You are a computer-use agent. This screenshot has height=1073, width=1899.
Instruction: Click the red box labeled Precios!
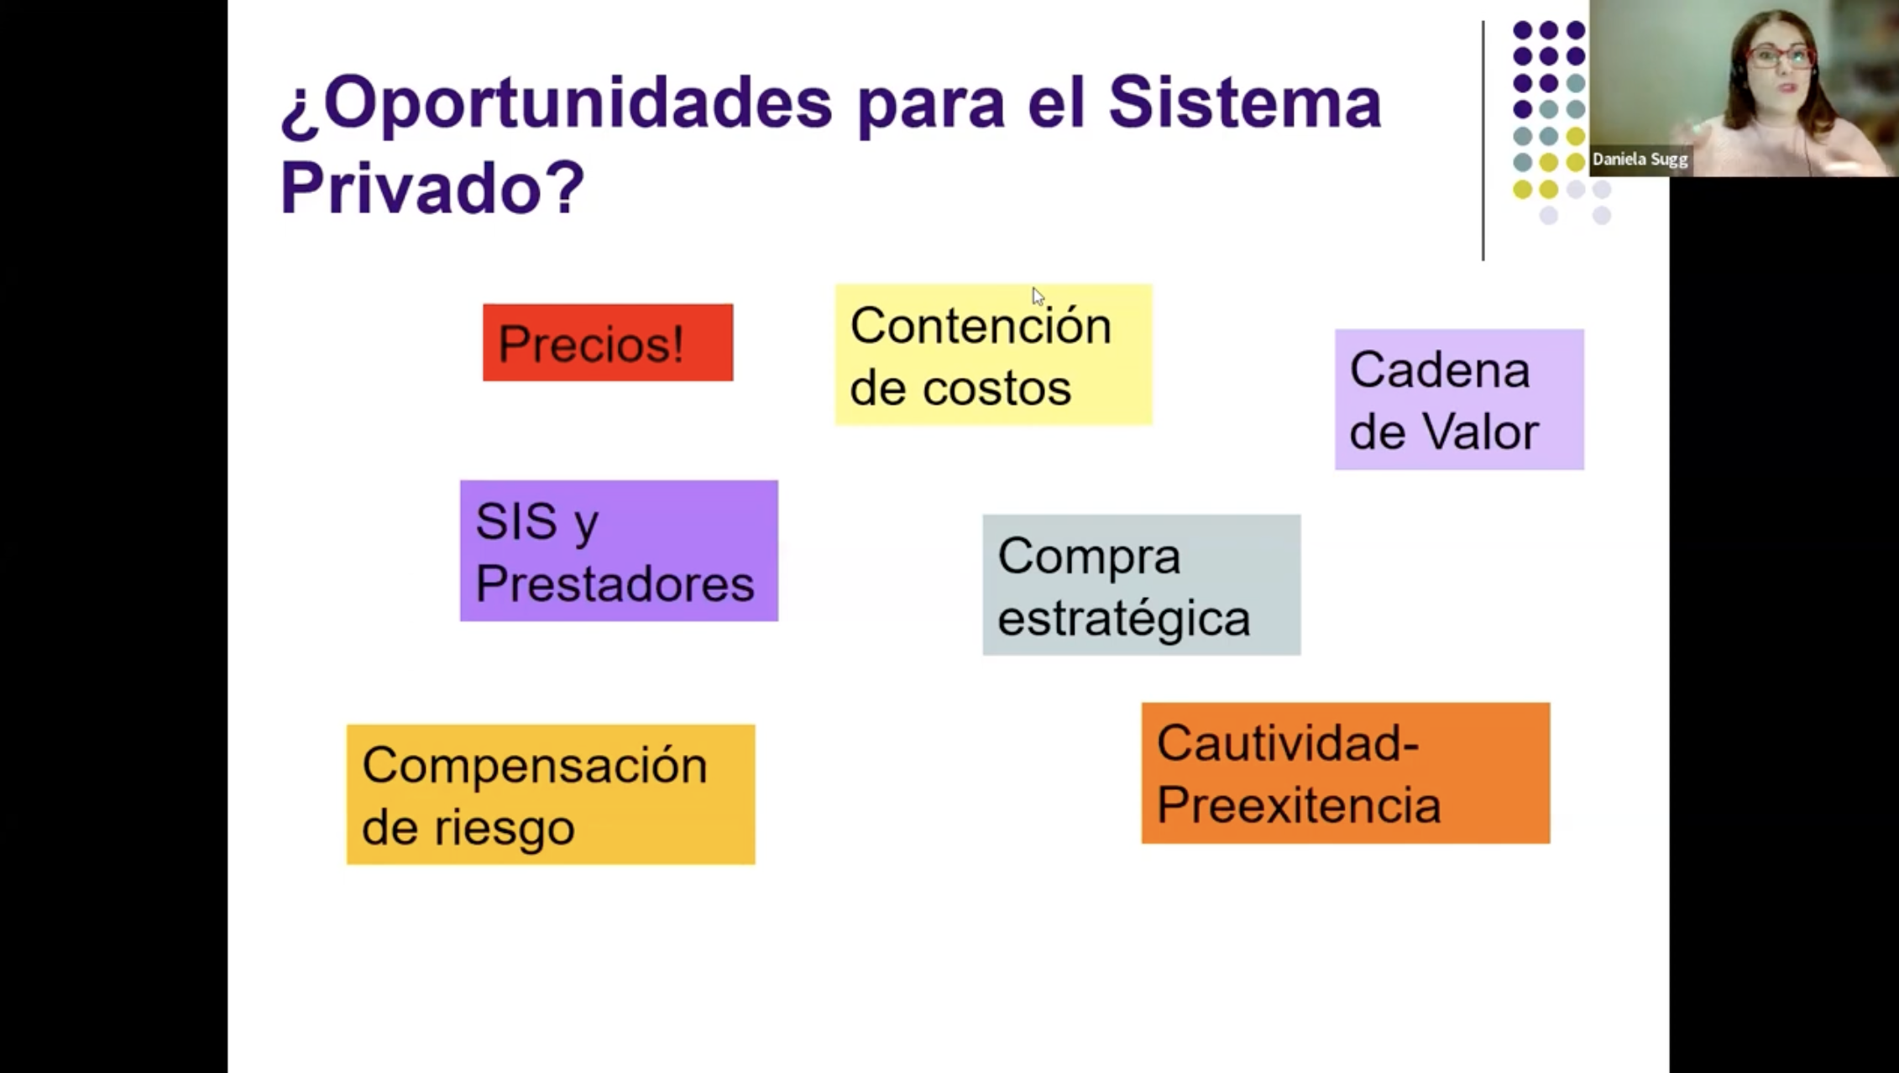[x=608, y=343]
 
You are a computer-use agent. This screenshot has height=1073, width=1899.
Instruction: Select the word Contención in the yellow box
[x=981, y=325]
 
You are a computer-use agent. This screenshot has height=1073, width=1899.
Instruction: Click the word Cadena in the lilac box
[x=1440, y=370]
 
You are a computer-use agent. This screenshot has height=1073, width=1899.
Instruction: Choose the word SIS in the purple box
[x=516, y=521]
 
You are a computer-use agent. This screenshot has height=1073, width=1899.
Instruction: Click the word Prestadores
[x=615, y=584]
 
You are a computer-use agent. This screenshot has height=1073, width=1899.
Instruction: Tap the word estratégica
[x=1124, y=618]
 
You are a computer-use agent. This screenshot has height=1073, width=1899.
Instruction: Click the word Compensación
[x=535, y=767]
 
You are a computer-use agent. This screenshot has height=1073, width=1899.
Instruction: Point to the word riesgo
[x=504, y=830]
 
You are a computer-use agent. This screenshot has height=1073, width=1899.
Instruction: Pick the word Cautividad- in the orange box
[x=1288, y=743]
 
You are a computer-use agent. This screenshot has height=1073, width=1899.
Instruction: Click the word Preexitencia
[x=1299, y=805]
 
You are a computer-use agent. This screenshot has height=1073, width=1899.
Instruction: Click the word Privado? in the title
[x=432, y=186]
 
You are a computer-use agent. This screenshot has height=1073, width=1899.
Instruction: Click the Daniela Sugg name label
[x=1640, y=160]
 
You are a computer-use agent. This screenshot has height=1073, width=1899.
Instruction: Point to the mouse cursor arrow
[x=1038, y=296]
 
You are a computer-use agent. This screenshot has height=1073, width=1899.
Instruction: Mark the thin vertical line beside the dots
[x=1483, y=140]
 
